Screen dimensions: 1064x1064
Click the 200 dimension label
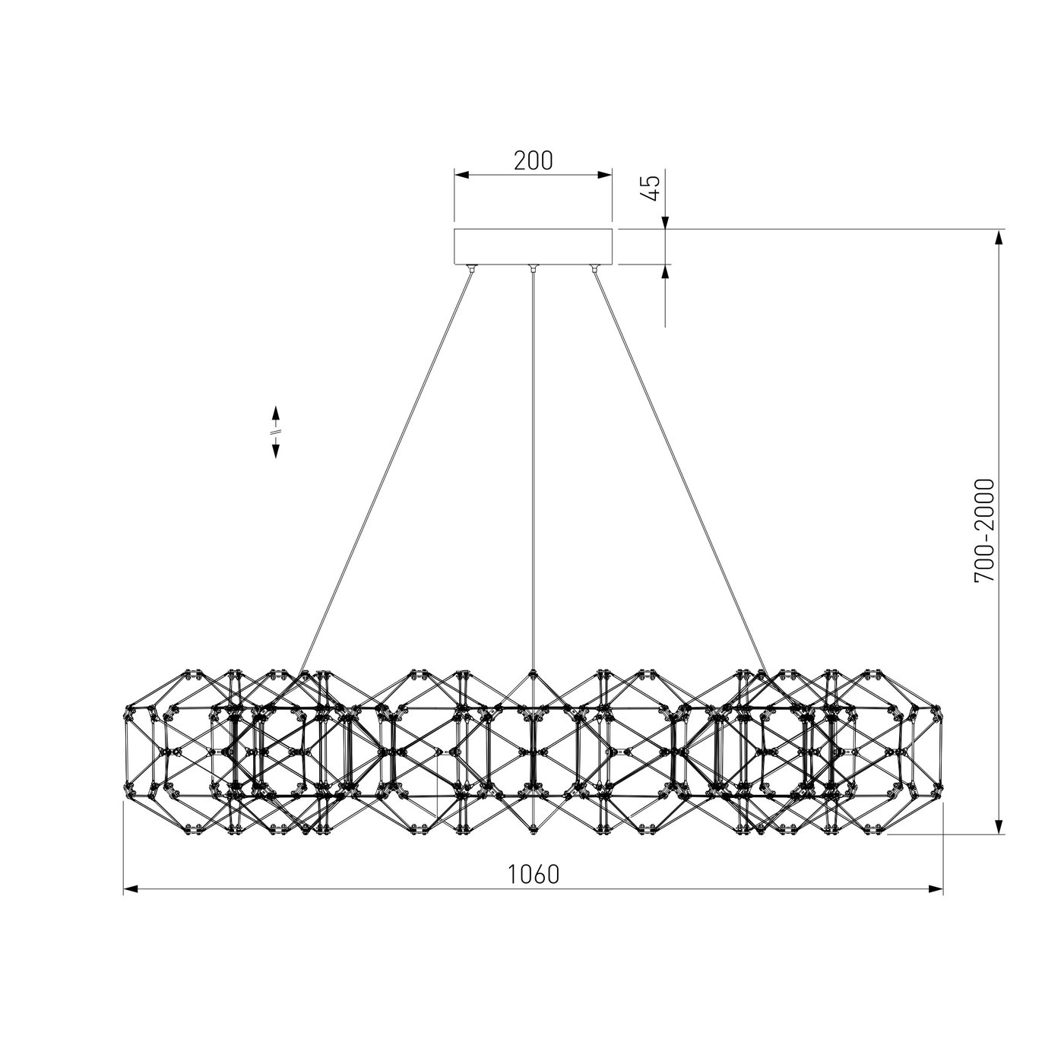533,160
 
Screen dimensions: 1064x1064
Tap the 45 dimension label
652,188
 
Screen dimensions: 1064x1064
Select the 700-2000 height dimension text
984,530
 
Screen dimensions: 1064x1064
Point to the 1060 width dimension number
533,874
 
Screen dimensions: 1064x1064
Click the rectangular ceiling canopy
533,246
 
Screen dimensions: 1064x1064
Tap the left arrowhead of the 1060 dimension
130,904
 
